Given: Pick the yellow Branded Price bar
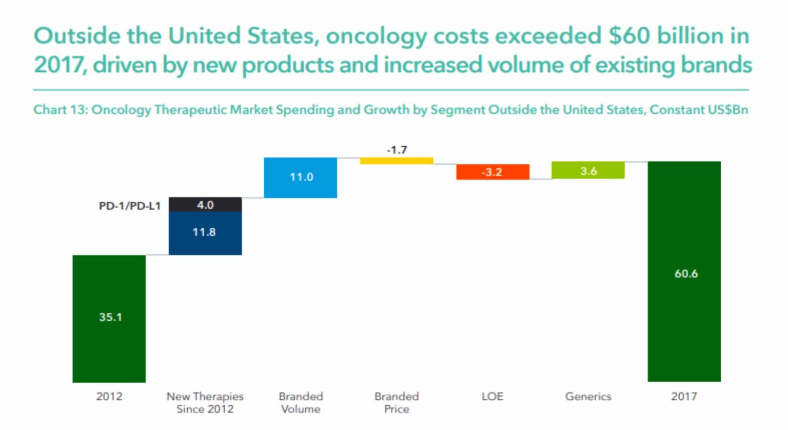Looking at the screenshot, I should (x=396, y=161).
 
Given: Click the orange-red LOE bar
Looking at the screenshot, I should (x=493, y=172).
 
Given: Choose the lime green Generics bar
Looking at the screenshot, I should (x=588, y=170).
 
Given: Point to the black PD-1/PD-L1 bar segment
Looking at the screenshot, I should (x=205, y=204).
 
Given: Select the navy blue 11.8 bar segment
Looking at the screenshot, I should (x=205, y=233).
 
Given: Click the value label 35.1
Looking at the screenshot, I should (x=111, y=317).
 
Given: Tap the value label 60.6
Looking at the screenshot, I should (x=686, y=273).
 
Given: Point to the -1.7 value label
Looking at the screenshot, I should (x=397, y=150).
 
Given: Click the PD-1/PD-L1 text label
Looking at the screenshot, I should (x=129, y=206).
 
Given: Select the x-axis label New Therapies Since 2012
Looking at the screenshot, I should (x=205, y=403).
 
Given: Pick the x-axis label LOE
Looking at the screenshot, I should (x=492, y=396).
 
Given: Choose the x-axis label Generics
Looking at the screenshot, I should (x=588, y=396).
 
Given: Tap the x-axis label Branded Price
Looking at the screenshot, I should (x=397, y=403).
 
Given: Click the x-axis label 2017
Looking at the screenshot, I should (x=684, y=396).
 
